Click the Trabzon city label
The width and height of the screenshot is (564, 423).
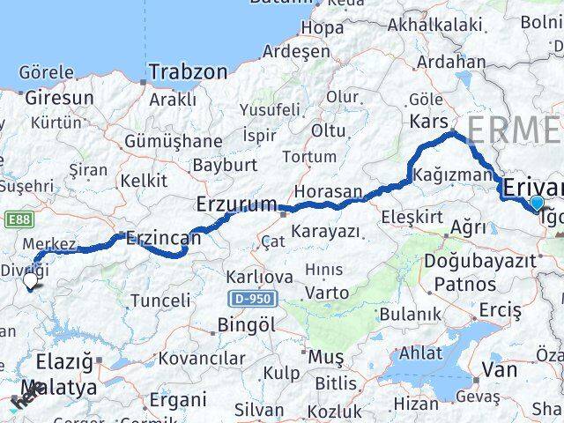tap(188, 71)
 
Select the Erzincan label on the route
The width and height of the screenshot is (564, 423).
tap(164, 238)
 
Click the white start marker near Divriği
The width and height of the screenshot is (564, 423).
tap(31, 281)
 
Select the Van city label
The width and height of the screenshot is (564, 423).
tap(499, 369)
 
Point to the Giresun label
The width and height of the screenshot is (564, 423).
tap(58, 98)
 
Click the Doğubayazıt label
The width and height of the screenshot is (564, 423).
tap(492, 262)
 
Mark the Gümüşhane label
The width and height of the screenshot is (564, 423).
tap(174, 141)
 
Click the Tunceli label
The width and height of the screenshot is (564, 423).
tap(160, 301)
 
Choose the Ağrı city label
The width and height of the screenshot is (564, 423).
tap(468, 226)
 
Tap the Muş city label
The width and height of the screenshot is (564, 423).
tap(325, 357)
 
